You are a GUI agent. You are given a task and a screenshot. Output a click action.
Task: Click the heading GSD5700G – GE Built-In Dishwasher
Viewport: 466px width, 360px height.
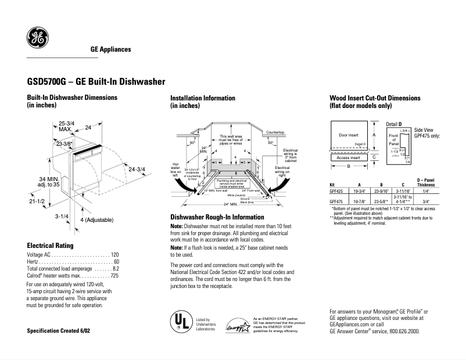[96, 82]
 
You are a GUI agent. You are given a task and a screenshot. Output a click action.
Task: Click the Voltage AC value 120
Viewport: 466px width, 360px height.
[114, 255]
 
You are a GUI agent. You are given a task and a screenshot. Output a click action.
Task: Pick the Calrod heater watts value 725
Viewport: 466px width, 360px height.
[114, 276]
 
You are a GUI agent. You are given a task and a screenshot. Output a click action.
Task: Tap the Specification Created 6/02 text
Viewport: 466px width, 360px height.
[59, 330]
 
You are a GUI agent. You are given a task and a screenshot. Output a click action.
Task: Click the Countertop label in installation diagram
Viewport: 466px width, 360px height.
[275, 133]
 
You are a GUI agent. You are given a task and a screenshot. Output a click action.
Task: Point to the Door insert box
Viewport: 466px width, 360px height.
[349, 135]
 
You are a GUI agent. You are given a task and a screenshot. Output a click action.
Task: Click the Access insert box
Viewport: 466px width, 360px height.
[349, 157]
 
